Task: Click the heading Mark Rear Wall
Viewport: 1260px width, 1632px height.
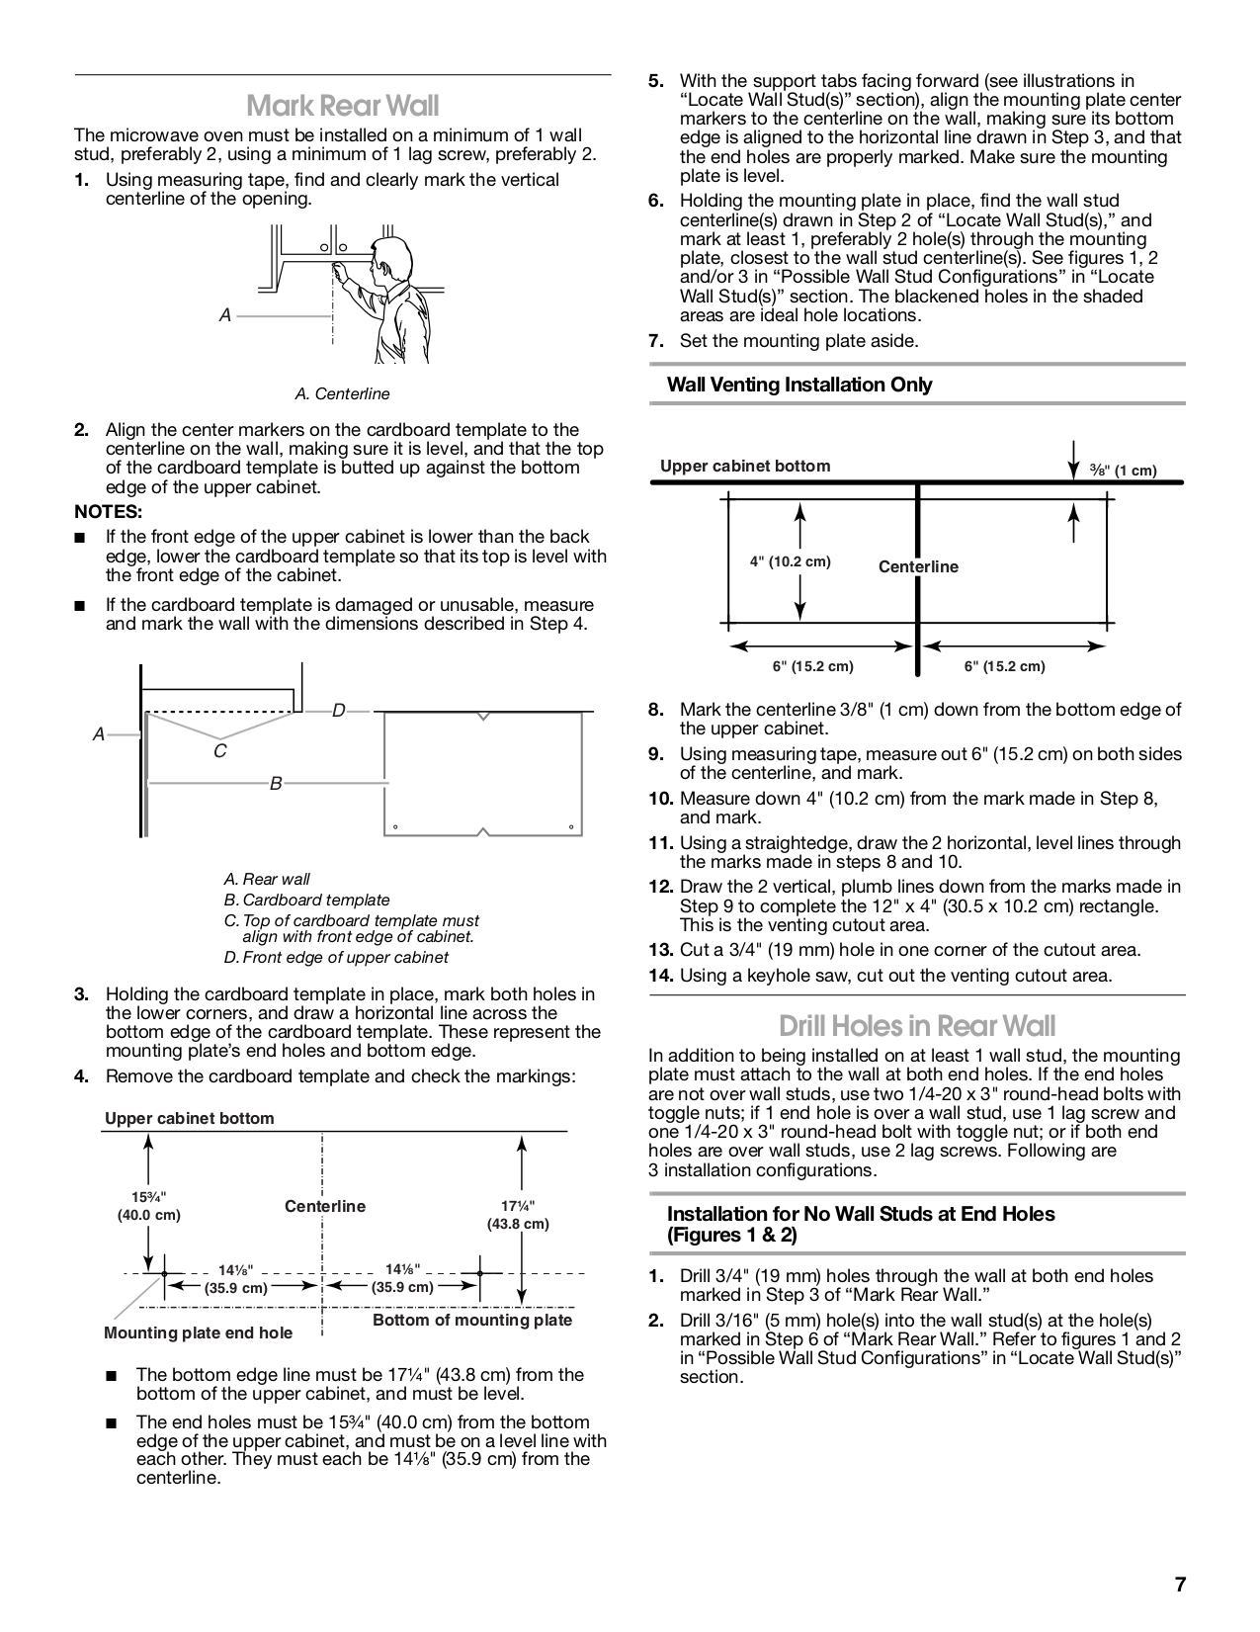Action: pos(342,105)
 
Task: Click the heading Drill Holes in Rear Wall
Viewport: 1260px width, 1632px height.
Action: pos(916,1024)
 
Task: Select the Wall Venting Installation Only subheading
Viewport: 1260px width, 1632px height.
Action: pos(799,385)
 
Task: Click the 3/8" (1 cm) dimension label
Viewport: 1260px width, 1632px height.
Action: pos(1123,471)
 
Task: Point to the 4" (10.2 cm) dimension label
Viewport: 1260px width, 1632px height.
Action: pos(790,561)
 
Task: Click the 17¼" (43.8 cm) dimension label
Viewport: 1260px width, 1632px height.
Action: pos(517,1215)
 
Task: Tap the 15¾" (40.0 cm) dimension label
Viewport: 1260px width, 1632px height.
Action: pos(148,1206)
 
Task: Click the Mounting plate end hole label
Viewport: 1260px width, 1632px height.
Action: pos(198,1332)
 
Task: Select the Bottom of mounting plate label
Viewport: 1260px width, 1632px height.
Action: pos(472,1320)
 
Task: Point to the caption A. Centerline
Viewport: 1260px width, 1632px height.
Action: pos(342,393)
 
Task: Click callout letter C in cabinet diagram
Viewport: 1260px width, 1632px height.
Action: pos(219,751)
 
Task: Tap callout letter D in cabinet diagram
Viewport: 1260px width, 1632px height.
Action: pos(338,711)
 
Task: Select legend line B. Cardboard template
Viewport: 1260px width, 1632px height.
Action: pos(306,900)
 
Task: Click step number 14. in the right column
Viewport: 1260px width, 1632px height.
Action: pos(660,976)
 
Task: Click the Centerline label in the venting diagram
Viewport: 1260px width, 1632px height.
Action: pos(918,566)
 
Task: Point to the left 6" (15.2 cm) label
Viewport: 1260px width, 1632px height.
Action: pos(812,666)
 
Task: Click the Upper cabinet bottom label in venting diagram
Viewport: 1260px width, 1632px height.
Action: pos(745,466)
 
